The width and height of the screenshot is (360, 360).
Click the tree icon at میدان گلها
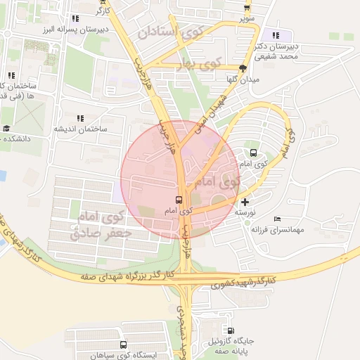coord(243,69)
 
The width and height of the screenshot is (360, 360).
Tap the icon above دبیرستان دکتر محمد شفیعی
coord(276,35)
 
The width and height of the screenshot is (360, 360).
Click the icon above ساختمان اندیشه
coord(79,119)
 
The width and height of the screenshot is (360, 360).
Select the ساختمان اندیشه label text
coord(79,129)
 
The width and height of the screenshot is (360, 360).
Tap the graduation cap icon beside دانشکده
coord(6,129)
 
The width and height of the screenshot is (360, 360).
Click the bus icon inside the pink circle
coord(179,200)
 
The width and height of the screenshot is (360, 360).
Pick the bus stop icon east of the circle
coord(253,153)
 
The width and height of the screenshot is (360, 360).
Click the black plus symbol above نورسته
coord(245,202)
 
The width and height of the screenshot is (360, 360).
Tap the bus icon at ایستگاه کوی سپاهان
coord(123,345)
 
